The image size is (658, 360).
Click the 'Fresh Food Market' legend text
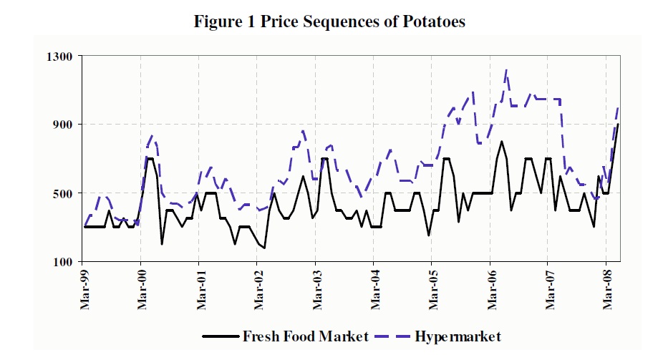pyautogui.click(x=306, y=335)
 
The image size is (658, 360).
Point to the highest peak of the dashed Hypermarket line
pyautogui.click(x=506, y=69)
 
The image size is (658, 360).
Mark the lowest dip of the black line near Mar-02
pyautogui.click(x=264, y=248)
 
